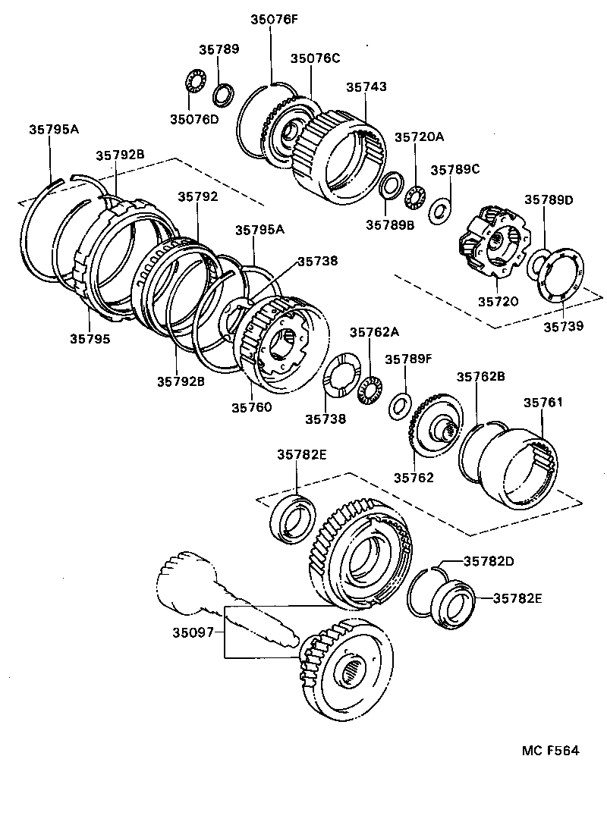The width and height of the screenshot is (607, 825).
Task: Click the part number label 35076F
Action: click(272, 20)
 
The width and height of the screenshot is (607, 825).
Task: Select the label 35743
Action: click(366, 87)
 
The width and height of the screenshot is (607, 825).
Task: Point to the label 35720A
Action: click(419, 137)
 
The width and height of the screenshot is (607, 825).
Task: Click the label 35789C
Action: click(455, 170)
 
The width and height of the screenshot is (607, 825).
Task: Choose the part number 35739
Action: click(563, 327)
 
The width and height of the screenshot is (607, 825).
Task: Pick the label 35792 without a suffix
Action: click(198, 196)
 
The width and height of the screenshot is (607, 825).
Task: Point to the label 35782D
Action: click(489, 562)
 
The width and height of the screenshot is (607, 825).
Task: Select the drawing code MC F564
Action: click(550, 751)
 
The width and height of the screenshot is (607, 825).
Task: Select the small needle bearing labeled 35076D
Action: click(197, 82)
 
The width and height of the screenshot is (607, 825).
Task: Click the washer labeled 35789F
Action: click(399, 406)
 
